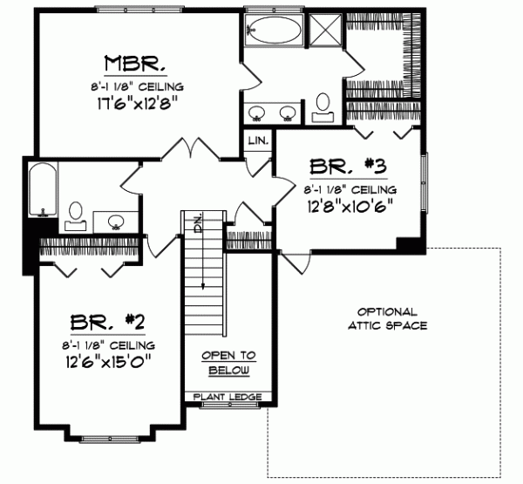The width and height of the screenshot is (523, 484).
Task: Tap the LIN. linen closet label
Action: (258, 140)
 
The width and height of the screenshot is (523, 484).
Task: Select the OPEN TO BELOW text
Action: (229, 363)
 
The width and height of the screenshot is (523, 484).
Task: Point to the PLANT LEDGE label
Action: (229, 398)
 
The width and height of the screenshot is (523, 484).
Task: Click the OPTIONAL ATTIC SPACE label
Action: (387, 318)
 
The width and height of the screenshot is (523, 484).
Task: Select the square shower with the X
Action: (326, 32)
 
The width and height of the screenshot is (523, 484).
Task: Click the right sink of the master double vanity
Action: (287, 111)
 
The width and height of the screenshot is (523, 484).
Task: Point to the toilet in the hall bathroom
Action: (76, 214)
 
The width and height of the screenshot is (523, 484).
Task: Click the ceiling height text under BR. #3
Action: (350, 188)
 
